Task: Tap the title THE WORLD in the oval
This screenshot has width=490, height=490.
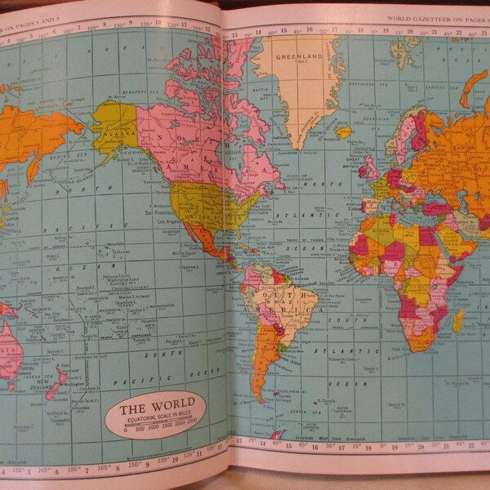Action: [157, 404]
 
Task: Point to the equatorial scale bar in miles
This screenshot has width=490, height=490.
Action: [158, 424]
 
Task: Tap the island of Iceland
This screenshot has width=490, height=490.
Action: [344, 131]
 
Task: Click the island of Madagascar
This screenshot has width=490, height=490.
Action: [458, 319]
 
